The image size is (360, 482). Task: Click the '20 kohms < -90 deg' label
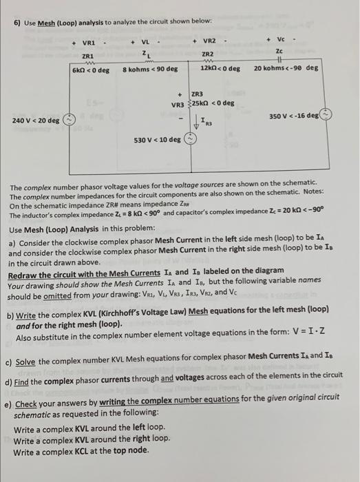[286, 69]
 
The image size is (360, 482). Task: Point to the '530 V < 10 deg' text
[158, 140]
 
